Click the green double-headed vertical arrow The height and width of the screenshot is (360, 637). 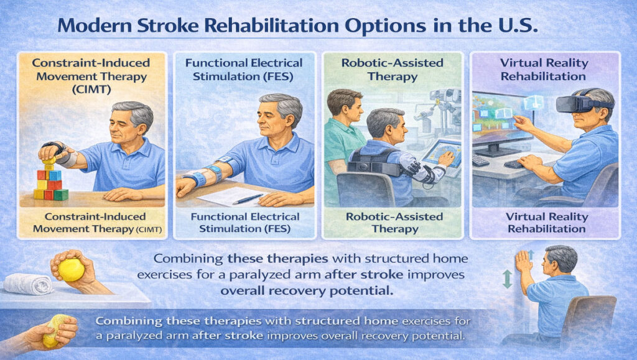[x=507, y=279]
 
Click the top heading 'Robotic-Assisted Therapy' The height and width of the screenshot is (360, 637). [x=393, y=70]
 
